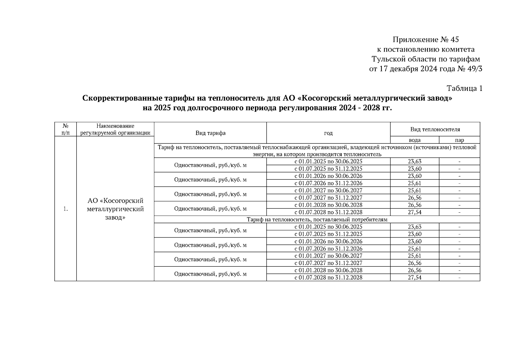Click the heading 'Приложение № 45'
(426, 40)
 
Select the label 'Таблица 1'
(464, 88)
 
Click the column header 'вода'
(415, 140)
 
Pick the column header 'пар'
(459, 140)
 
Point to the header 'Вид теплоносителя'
(435, 129)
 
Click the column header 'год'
(328, 133)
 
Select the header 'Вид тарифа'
(210, 133)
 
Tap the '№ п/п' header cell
(65, 129)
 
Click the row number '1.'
(65, 209)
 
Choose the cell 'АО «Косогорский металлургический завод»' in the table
(115, 209)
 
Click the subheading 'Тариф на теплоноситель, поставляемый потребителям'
(317, 220)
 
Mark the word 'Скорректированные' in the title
(122, 98)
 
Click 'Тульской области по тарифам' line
(426, 59)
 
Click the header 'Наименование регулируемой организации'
(115, 129)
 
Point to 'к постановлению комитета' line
(426, 49)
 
